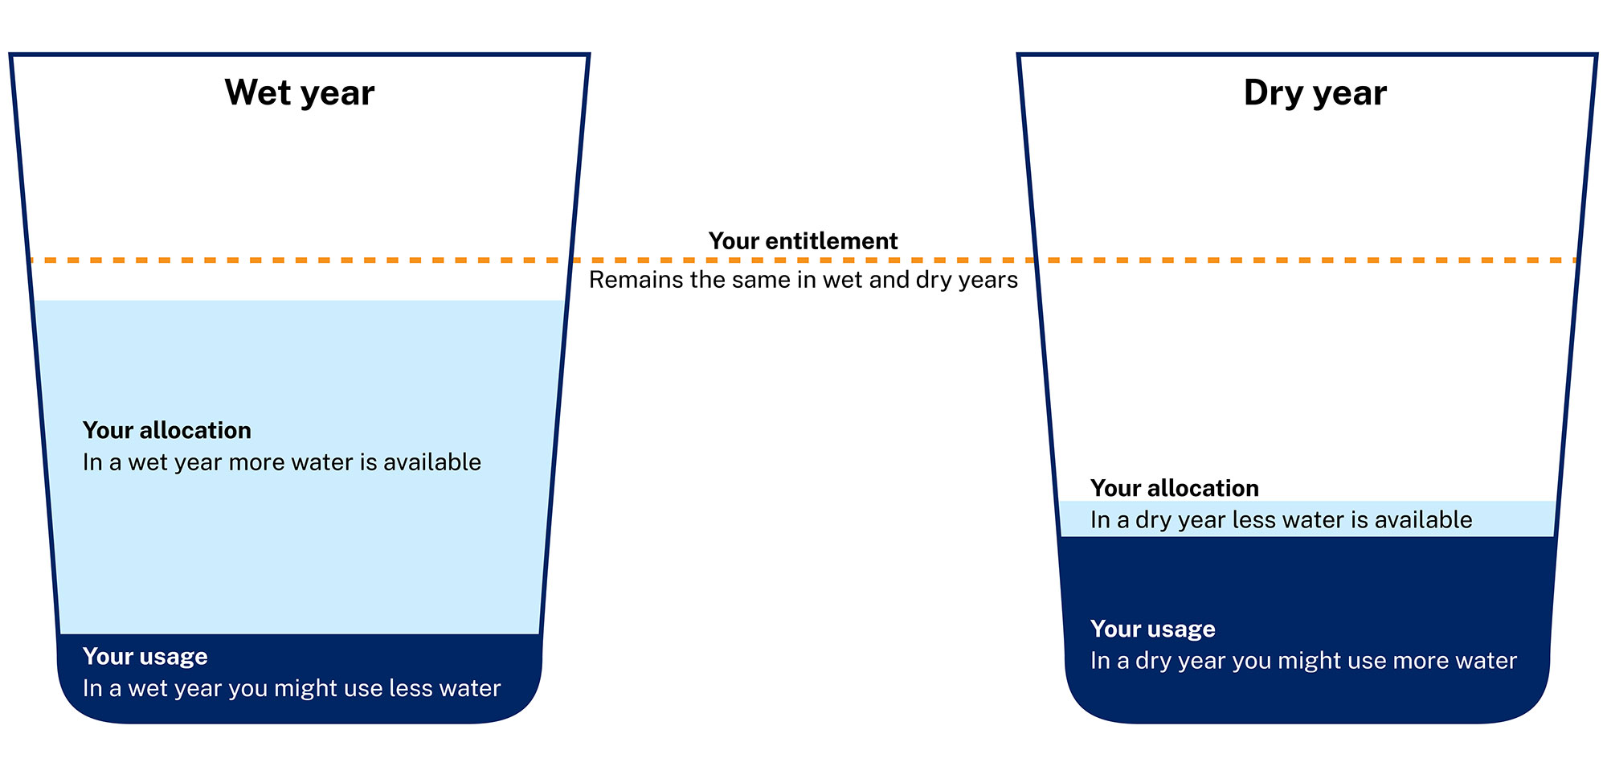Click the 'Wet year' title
[300, 93]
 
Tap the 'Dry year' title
[1315, 93]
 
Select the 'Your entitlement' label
[803, 241]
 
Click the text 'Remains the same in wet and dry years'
[803, 280]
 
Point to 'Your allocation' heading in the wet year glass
[167, 430]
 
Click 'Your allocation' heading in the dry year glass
[1175, 488]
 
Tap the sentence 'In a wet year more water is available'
[282, 462]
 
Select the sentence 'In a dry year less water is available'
[1282, 520]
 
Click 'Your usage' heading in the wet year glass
[145, 657]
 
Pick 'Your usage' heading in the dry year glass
[1153, 629]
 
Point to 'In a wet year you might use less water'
[292, 689]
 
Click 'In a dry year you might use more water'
[1304, 661]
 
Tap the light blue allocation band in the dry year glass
[1308, 519]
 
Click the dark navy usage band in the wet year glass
[300, 679]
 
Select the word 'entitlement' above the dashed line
[832, 241]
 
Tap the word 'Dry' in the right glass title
[1274, 93]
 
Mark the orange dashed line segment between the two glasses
[803, 260]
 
